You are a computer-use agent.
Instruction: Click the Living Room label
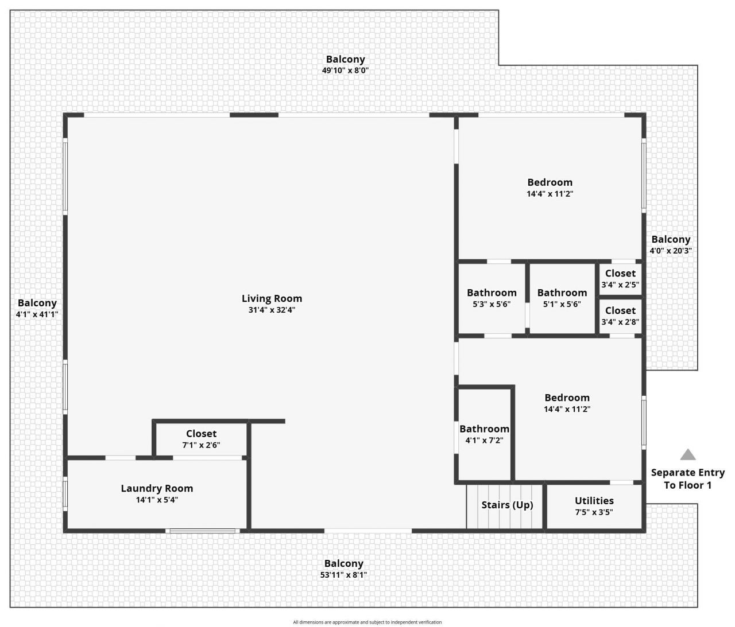point(272,298)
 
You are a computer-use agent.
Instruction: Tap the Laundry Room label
point(157,488)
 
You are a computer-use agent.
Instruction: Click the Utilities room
point(594,506)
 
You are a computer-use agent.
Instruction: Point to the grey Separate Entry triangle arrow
point(688,455)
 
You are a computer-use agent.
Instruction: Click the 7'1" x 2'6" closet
point(201,439)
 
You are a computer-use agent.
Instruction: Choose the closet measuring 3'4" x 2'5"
point(620,279)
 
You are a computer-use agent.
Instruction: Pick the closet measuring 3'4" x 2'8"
point(620,316)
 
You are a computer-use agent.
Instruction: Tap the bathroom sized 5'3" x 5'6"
point(492,298)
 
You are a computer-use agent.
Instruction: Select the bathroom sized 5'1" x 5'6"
point(562,298)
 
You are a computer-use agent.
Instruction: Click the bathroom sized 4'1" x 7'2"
point(484,434)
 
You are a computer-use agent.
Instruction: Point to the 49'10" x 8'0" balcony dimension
point(345,71)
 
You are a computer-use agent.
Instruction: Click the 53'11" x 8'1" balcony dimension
point(343,575)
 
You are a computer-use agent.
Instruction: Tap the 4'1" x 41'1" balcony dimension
point(37,314)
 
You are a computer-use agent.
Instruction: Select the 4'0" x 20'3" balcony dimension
point(671,251)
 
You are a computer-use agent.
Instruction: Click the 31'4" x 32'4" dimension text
point(272,310)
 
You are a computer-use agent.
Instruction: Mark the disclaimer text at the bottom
point(367,622)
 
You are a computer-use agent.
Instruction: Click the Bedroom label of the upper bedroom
point(550,182)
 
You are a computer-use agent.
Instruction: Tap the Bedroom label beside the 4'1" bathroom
point(567,398)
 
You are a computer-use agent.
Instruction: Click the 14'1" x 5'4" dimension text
point(157,500)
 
